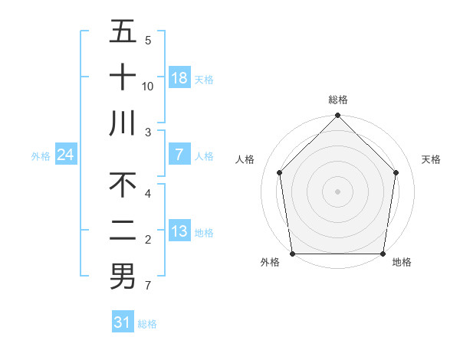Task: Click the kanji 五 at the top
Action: coord(123,33)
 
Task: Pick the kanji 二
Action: coord(123,231)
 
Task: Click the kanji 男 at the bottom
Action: coord(123,276)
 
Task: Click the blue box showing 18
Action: coord(179,78)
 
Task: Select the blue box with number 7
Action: coord(179,155)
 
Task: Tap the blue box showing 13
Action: coord(179,232)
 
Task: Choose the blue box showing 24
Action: coord(65,155)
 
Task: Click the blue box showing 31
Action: coord(123,322)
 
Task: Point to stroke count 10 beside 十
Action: coord(148,86)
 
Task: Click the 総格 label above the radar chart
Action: coord(337,100)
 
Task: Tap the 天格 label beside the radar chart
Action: coord(432,159)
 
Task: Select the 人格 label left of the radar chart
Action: coord(245,159)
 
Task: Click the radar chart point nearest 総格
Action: coord(337,116)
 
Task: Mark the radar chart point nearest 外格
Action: coord(292,254)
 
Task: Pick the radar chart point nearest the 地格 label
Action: coord(383,254)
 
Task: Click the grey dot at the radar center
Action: coord(337,191)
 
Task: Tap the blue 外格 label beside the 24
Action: coord(41,156)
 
